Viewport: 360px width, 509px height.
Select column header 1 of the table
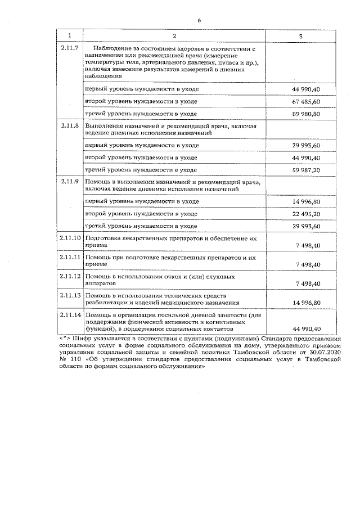(x=70, y=36)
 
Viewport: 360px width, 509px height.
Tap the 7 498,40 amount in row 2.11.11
(x=306, y=264)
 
